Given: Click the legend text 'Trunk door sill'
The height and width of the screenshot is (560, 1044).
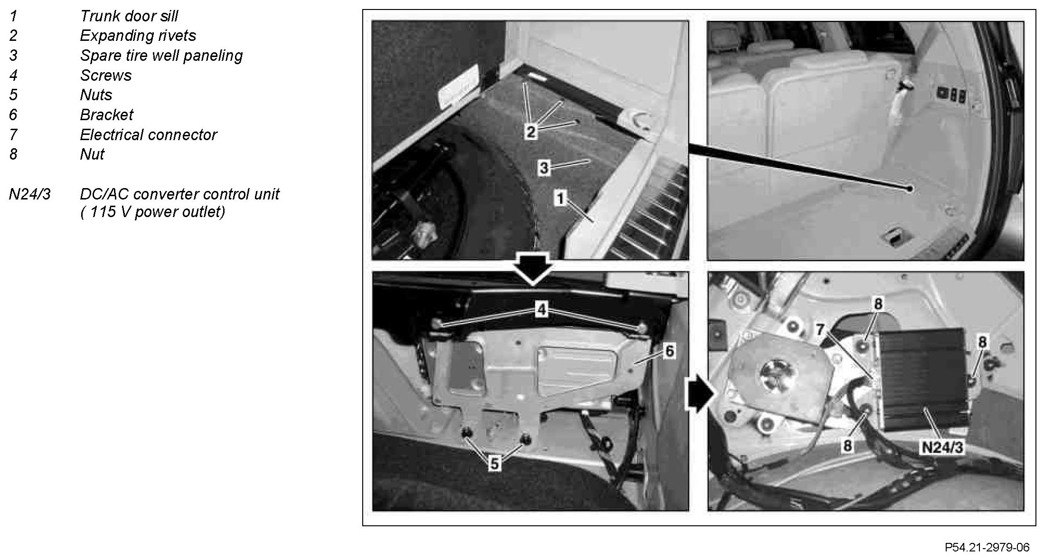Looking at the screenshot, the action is [x=129, y=16].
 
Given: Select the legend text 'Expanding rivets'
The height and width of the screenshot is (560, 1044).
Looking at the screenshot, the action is [x=138, y=36].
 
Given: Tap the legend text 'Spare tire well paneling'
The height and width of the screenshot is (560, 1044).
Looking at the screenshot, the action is [x=161, y=56].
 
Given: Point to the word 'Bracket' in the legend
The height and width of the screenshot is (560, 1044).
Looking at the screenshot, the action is [x=107, y=114].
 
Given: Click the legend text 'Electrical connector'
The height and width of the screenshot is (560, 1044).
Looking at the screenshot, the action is [x=148, y=134].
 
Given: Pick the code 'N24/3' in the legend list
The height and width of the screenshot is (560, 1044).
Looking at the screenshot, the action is [x=29, y=194].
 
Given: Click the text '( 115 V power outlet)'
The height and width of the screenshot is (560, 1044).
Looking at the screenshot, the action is [x=152, y=211].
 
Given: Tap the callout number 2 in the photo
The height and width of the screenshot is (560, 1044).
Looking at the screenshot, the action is [x=531, y=132].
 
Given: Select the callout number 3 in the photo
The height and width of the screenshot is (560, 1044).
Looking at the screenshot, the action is [x=544, y=167].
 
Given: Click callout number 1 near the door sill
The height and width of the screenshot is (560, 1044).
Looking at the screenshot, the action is [x=561, y=198].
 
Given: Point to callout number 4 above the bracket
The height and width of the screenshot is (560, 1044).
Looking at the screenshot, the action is [x=541, y=310].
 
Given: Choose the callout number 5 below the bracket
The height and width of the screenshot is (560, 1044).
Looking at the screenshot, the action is [x=495, y=464].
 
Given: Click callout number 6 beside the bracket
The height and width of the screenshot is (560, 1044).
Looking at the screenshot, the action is [x=669, y=351].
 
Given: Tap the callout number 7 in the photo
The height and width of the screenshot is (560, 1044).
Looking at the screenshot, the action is [x=820, y=329].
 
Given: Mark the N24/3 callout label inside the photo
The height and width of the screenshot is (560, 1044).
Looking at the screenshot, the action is [x=942, y=447].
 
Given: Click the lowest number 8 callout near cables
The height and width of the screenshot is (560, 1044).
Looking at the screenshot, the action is [x=847, y=446].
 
